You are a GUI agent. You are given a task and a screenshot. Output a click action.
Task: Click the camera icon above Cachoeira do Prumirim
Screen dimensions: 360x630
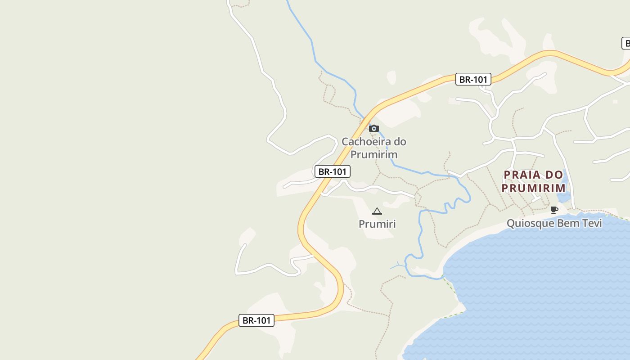pos(373,129)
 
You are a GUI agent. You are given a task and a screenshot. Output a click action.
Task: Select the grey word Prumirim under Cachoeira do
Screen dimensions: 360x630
pos(374,155)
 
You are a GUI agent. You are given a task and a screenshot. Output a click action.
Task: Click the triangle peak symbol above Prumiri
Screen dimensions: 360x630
pos(377,211)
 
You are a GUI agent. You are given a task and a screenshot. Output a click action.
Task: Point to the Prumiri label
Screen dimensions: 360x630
pos(377,224)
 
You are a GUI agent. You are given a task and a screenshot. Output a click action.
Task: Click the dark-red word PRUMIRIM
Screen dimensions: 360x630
pos(534,188)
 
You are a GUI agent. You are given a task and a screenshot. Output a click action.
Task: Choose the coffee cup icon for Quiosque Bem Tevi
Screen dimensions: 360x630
pos(554,210)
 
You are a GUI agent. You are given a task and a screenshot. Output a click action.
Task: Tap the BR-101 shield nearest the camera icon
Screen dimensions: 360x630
pos(333,171)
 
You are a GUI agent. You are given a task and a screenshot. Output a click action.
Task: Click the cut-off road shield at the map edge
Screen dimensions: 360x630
pos(626,44)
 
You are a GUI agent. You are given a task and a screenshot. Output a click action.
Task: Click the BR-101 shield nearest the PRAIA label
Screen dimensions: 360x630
pos(473,80)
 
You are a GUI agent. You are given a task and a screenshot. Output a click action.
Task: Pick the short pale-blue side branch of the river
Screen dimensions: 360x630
pos(397,266)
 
